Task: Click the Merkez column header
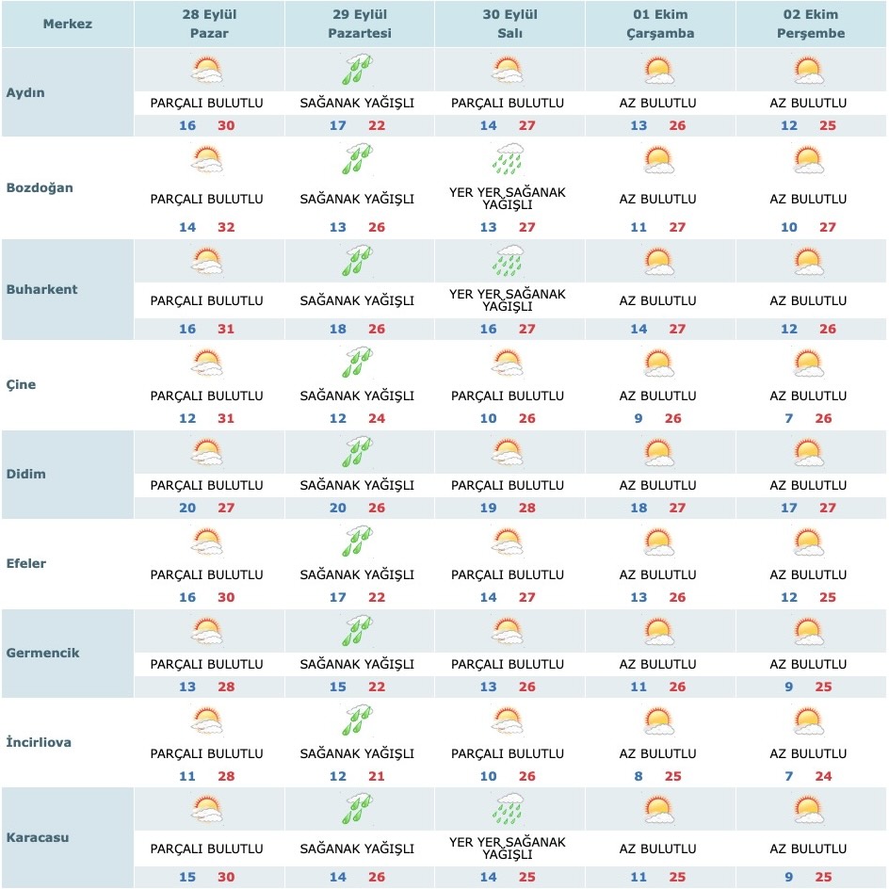pos(67,24)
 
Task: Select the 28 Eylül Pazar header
pos(208,24)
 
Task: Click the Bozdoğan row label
pos(39,187)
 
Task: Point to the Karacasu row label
pos(37,836)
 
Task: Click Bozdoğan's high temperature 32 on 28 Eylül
pos(226,227)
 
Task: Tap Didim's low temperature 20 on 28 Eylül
pos(187,509)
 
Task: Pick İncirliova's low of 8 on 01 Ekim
pos(638,777)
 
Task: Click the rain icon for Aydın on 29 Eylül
pos(357,72)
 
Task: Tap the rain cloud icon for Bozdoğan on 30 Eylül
pos(509,159)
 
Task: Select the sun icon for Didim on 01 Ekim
pos(658,454)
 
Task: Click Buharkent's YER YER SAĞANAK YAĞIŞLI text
pos(508,300)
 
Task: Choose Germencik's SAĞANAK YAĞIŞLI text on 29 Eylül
pos(357,664)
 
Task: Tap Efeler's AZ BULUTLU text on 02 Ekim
pos(808,574)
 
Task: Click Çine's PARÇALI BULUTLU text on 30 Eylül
pos(508,396)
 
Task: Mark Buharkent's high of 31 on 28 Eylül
pos(226,329)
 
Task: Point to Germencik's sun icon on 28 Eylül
pos(207,631)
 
